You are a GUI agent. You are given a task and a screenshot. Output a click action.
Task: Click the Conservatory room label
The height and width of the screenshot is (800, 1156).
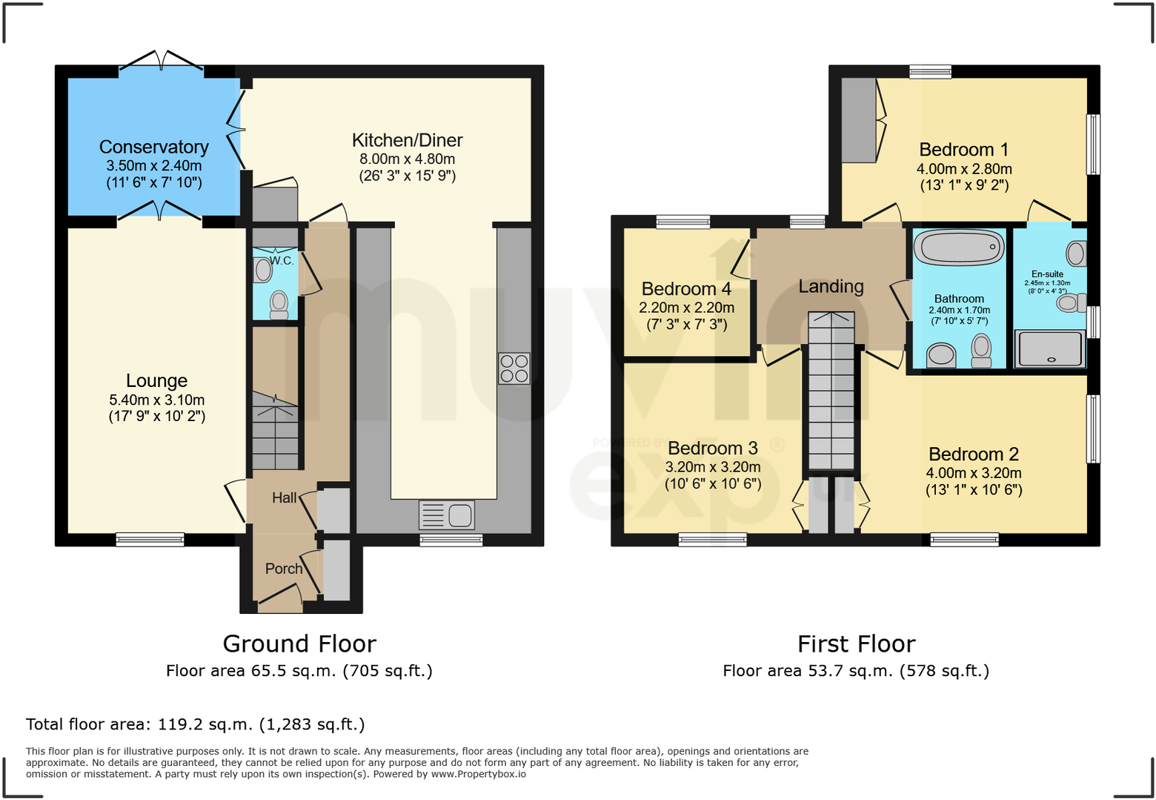tap(154, 147)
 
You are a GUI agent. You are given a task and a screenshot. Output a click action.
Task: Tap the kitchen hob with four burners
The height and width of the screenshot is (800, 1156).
tap(514, 368)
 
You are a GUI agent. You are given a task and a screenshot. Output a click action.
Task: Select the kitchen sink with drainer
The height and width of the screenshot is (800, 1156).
tap(446, 515)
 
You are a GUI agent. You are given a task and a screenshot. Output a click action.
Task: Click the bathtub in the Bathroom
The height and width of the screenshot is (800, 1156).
tap(959, 248)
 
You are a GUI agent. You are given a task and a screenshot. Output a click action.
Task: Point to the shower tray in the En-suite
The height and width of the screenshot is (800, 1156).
tap(1050, 349)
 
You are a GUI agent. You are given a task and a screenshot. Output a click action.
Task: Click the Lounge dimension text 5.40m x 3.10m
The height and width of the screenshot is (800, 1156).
tap(157, 400)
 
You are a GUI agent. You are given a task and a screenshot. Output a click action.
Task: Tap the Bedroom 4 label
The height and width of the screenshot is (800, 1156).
tap(686, 288)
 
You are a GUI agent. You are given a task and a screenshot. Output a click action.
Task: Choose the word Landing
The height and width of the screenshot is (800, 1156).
tap(831, 286)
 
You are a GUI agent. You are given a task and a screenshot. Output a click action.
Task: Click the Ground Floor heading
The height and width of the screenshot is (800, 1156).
tap(299, 644)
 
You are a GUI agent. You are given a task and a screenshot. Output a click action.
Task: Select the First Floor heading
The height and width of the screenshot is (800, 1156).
tap(856, 644)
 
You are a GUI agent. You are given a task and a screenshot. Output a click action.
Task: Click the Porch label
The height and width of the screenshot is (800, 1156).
tap(284, 569)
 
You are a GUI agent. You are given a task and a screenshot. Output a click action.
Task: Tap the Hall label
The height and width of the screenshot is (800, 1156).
tap(285, 498)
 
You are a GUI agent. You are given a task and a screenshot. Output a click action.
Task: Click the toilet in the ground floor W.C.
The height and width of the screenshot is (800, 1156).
tap(279, 305)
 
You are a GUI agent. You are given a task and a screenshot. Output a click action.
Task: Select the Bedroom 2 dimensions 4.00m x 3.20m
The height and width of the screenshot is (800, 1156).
tap(973, 472)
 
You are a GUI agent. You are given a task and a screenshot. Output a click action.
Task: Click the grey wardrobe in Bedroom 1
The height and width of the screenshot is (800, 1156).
tap(859, 120)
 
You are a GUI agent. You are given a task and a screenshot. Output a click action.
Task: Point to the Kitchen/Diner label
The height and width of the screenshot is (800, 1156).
tap(407, 140)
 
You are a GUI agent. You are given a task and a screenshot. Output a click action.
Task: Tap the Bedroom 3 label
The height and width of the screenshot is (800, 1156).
tap(713, 448)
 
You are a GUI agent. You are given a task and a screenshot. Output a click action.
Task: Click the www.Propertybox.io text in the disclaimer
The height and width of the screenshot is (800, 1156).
tap(479, 774)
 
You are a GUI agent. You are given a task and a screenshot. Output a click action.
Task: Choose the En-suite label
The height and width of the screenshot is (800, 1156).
tap(1047, 274)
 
